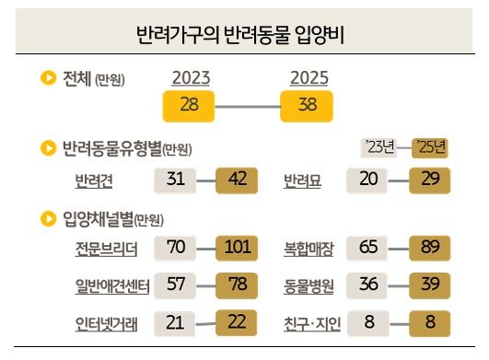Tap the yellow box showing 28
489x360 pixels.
pos(190,106)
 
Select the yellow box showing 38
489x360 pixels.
pos(309,106)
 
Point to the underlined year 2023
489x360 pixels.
pos(190,79)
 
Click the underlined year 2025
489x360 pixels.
pos(309,79)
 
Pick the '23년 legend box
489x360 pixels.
pos(379,146)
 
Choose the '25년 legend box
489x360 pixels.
pos(430,146)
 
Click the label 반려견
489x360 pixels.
pos(93,180)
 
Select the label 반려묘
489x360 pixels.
pos(302,180)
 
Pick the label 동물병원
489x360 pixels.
pos(309,285)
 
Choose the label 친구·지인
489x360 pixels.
pos(309,322)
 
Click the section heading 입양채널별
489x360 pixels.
pos(98,218)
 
